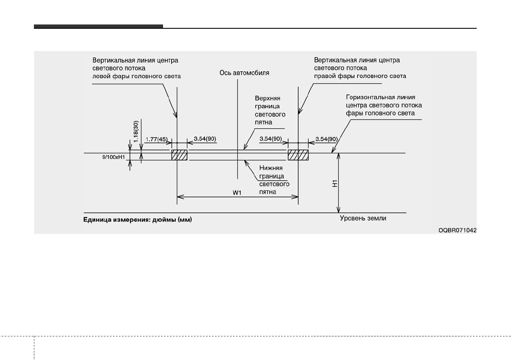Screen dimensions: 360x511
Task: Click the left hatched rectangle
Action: pos(179,155)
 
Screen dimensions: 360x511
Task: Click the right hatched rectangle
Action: pos(298,155)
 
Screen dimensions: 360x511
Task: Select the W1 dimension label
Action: pos(237,193)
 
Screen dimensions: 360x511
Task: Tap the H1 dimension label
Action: pos(336,183)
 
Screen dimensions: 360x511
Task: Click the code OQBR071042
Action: pos(457,230)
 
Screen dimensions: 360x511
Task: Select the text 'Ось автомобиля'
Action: pos(244,73)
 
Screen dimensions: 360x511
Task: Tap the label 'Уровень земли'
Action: pos(363,218)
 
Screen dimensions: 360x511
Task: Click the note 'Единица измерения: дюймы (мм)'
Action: pos(137,221)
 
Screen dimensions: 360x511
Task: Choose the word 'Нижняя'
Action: pos(270,168)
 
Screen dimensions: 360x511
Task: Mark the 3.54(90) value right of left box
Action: pos(205,139)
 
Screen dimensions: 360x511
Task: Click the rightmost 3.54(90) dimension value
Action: pos(327,139)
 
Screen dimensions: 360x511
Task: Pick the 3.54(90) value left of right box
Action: pos(271,139)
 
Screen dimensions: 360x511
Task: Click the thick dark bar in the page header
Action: pos(98,27)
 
